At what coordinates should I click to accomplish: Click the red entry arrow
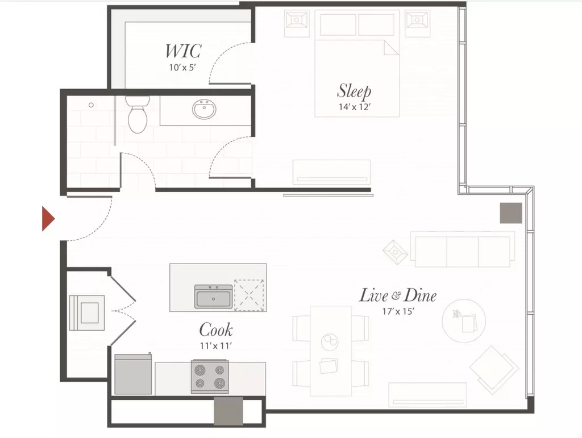pos(48,219)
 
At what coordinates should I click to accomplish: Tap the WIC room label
pos(183,51)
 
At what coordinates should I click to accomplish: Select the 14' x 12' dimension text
pos(355,107)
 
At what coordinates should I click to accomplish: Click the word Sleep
pos(354,91)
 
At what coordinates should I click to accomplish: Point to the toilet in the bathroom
pos(138,114)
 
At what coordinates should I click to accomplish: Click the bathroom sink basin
pos(204,109)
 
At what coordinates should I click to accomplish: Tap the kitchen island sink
pos(214,297)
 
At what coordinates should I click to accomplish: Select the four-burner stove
pos(210,377)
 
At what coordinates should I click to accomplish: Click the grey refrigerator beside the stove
pos(133,374)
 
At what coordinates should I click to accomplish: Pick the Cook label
pos(216,329)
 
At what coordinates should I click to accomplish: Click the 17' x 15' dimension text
pos(398,311)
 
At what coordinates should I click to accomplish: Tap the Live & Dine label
pos(397,295)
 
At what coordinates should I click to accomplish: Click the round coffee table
pos(464,321)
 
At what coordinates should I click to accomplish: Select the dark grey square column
pos(511,213)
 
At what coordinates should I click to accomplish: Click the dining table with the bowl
pos(331,351)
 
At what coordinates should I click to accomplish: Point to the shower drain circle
pos(91,105)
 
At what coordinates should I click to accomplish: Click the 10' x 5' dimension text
pos(182,68)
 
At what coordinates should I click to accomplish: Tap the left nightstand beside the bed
pos(297,23)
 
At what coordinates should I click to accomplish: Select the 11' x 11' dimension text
pos(216,345)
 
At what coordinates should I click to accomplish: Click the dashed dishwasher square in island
pos(249,295)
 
